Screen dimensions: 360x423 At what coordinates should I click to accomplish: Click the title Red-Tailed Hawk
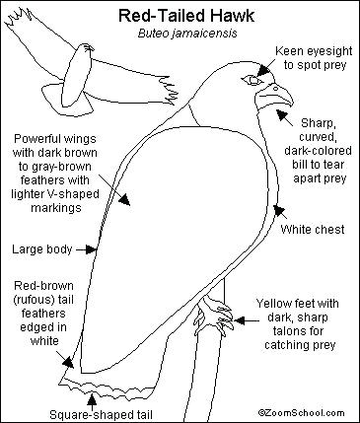coord(186,16)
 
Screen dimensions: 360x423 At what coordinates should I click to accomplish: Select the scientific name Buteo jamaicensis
coord(187,34)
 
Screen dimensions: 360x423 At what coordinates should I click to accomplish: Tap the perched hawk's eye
coord(252,80)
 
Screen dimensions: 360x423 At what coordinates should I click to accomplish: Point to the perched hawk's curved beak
coord(275,96)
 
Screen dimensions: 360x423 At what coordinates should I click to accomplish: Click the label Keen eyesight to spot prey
coord(314,58)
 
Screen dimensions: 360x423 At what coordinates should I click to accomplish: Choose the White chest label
coord(313,229)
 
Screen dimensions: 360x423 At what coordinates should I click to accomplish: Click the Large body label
coord(42,248)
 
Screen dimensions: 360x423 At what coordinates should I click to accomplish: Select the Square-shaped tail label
coord(101,414)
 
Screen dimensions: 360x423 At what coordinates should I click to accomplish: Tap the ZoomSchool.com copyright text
coord(301,413)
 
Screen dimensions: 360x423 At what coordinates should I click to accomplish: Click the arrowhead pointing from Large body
coord(91,249)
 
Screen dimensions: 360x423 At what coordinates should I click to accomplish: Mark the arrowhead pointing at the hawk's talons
coord(239,320)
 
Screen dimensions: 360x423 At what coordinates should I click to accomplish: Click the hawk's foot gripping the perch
coord(214,314)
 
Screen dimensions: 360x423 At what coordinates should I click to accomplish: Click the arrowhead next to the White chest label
coord(279,210)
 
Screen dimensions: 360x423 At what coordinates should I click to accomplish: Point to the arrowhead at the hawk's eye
coord(263,70)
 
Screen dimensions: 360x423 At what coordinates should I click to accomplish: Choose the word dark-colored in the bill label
coord(318,151)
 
